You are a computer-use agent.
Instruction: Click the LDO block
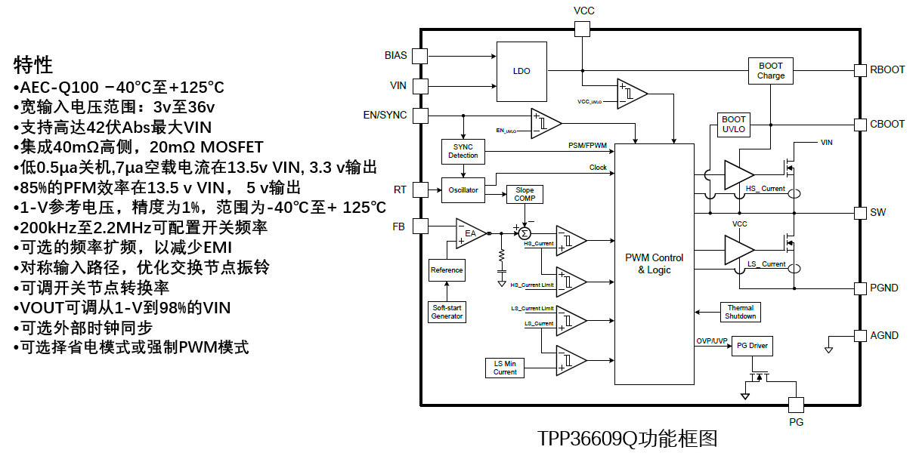click(x=521, y=71)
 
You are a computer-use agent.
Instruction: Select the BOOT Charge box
click(x=770, y=70)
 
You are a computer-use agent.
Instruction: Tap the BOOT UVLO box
click(x=733, y=125)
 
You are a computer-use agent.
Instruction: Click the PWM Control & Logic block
click(x=654, y=263)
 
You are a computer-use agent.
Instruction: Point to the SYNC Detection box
click(x=463, y=150)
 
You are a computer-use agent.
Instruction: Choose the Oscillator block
click(x=463, y=189)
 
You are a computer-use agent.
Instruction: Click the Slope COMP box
click(x=524, y=194)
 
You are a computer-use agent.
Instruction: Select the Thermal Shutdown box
click(x=740, y=312)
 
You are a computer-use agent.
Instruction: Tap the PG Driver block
click(x=752, y=347)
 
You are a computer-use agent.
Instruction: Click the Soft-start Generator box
click(x=447, y=312)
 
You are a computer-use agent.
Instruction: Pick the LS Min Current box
click(x=505, y=368)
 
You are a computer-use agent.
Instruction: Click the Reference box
click(x=447, y=270)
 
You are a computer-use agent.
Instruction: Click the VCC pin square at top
click(x=582, y=29)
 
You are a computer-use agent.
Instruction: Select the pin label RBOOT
click(x=887, y=69)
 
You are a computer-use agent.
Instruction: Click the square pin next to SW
click(x=859, y=212)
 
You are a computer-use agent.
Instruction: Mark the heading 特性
click(x=32, y=64)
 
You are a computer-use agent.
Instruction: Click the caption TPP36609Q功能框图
click(x=627, y=439)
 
